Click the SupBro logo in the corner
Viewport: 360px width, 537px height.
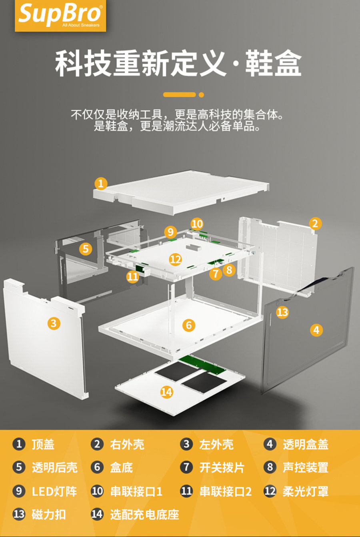click(60, 16)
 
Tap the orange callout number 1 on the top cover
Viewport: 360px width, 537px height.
click(101, 184)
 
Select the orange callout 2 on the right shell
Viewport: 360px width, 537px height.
click(315, 223)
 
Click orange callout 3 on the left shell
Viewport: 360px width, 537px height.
click(54, 323)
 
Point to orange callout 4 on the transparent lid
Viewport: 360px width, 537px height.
click(316, 330)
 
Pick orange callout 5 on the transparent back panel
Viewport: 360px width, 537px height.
click(86, 249)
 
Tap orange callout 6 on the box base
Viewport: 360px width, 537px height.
click(189, 325)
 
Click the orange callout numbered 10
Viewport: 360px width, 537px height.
click(197, 224)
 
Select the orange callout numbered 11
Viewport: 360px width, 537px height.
click(132, 277)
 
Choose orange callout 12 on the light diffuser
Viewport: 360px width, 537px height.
click(176, 259)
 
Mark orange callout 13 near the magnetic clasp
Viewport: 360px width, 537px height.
click(282, 312)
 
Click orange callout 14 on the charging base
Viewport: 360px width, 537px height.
click(166, 392)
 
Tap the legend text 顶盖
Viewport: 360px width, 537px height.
click(43, 444)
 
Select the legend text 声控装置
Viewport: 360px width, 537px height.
click(305, 467)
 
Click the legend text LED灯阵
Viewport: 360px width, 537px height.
click(54, 491)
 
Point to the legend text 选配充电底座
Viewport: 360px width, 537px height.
click(144, 514)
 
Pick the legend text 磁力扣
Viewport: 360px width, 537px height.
click(49, 514)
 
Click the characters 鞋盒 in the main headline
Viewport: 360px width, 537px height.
click(273, 63)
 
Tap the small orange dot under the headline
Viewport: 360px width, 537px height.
click(201, 95)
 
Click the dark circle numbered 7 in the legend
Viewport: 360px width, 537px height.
click(186, 467)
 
